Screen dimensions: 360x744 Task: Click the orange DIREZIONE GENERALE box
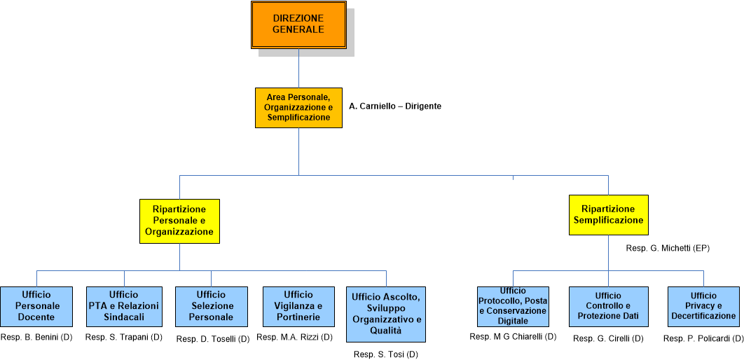(298, 25)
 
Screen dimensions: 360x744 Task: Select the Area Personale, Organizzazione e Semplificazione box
(298, 107)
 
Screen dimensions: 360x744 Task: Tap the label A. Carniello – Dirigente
(395, 106)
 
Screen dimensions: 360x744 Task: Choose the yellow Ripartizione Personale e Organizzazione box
(179, 221)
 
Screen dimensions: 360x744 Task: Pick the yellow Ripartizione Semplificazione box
(608, 215)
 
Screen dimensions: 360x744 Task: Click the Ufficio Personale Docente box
(37, 306)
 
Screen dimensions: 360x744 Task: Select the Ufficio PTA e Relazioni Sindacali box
(124, 306)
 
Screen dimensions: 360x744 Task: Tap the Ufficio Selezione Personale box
(211, 306)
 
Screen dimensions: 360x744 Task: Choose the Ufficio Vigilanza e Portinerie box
(299, 306)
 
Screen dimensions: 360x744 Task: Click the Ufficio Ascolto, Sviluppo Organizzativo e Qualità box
(386, 314)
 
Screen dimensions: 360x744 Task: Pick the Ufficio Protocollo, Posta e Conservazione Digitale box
(513, 306)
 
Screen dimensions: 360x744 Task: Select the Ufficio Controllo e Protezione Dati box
(608, 306)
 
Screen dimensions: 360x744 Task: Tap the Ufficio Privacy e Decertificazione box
(703, 306)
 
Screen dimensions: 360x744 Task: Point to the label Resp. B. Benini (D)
(36, 338)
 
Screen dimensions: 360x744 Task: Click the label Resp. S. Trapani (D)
(124, 338)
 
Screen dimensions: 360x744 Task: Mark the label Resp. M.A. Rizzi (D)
(295, 338)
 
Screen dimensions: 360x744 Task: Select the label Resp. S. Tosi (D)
(386, 354)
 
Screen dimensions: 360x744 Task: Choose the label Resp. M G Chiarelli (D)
(513, 337)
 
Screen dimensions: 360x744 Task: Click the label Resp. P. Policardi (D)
(703, 339)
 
